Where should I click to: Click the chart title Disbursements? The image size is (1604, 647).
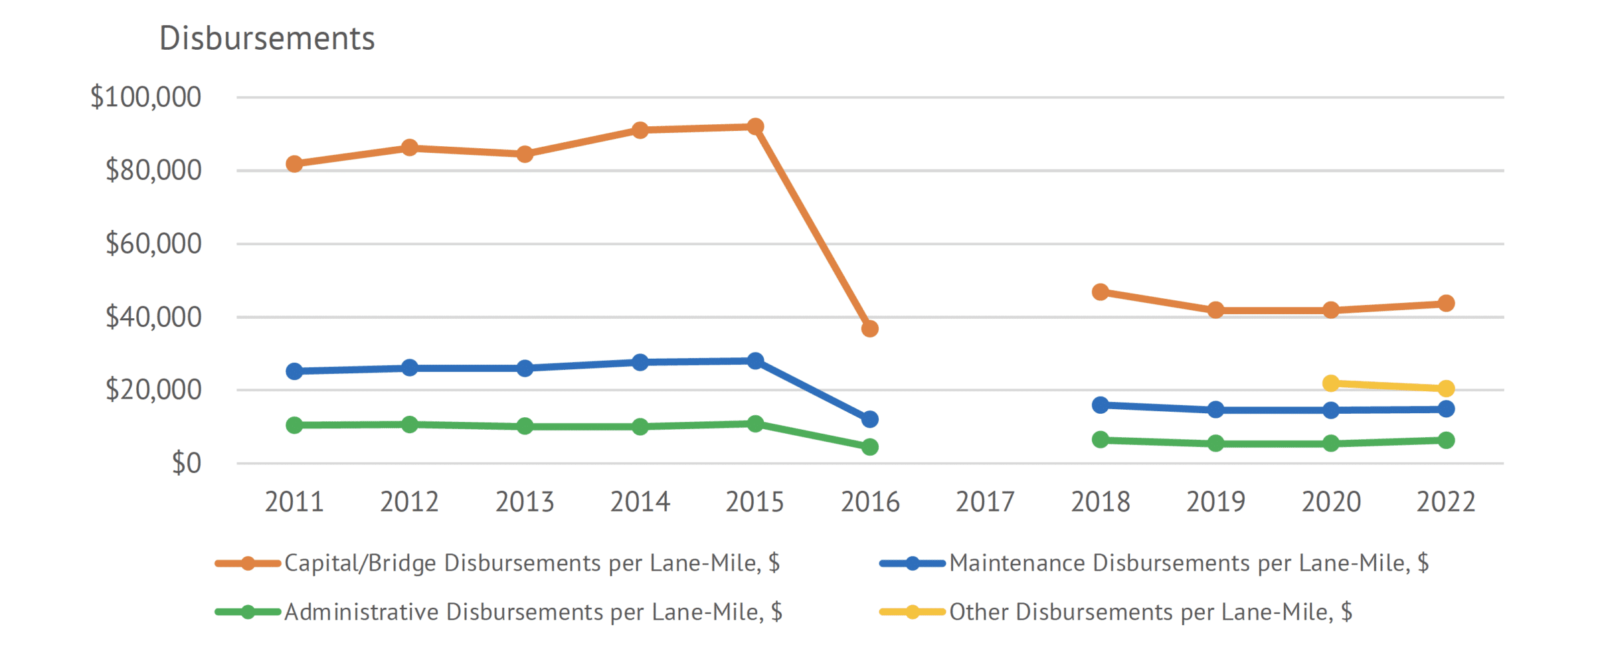pyautogui.click(x=267, y=39)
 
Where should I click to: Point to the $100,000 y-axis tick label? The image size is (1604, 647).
pyautogui.click(x=145, y=97)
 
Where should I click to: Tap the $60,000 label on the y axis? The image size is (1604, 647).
pyautogui.click(x=153, y=244)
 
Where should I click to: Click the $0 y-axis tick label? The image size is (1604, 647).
pyautogui.click(x=186, y=463)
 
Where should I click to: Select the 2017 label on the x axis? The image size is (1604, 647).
pyautogui.click(x=985, y=502)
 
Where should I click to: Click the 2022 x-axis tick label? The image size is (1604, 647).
pyautogui.click(x=1446, y=502)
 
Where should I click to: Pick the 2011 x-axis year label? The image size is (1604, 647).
pyautogui.click(x=294, y=502)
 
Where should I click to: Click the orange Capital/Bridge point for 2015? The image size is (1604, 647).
pyautogui.click(x=755, y=126)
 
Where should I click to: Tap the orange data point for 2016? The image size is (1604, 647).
pyautogui.click(x=870, y=329)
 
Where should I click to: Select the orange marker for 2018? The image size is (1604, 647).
pyautogui.click(x=1101, y=292)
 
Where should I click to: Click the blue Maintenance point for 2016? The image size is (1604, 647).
pyautogui.click(x=870, y=419)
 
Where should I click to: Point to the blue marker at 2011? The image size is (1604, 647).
pyautogui.click(x=294, y=371)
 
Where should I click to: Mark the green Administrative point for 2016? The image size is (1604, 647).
pyautogui.click(x=870, y=447)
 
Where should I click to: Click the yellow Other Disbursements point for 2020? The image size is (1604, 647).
pyautogui.click(x=1331, y=383)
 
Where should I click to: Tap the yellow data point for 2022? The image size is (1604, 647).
pyautogui.click(x=1446, y=389)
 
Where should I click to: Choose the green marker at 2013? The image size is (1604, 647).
pyautogui.click(x=525, y=426)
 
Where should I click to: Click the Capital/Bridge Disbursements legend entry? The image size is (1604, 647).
pyautogui.click(x=531, y=563)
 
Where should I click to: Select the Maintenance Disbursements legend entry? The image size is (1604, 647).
pyautogui.click(x=1188, y=563)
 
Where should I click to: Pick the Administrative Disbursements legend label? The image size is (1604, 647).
pyautogui.click(x=533, y=612)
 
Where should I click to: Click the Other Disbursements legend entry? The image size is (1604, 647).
pyautogui.click(x=1150, y=612)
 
